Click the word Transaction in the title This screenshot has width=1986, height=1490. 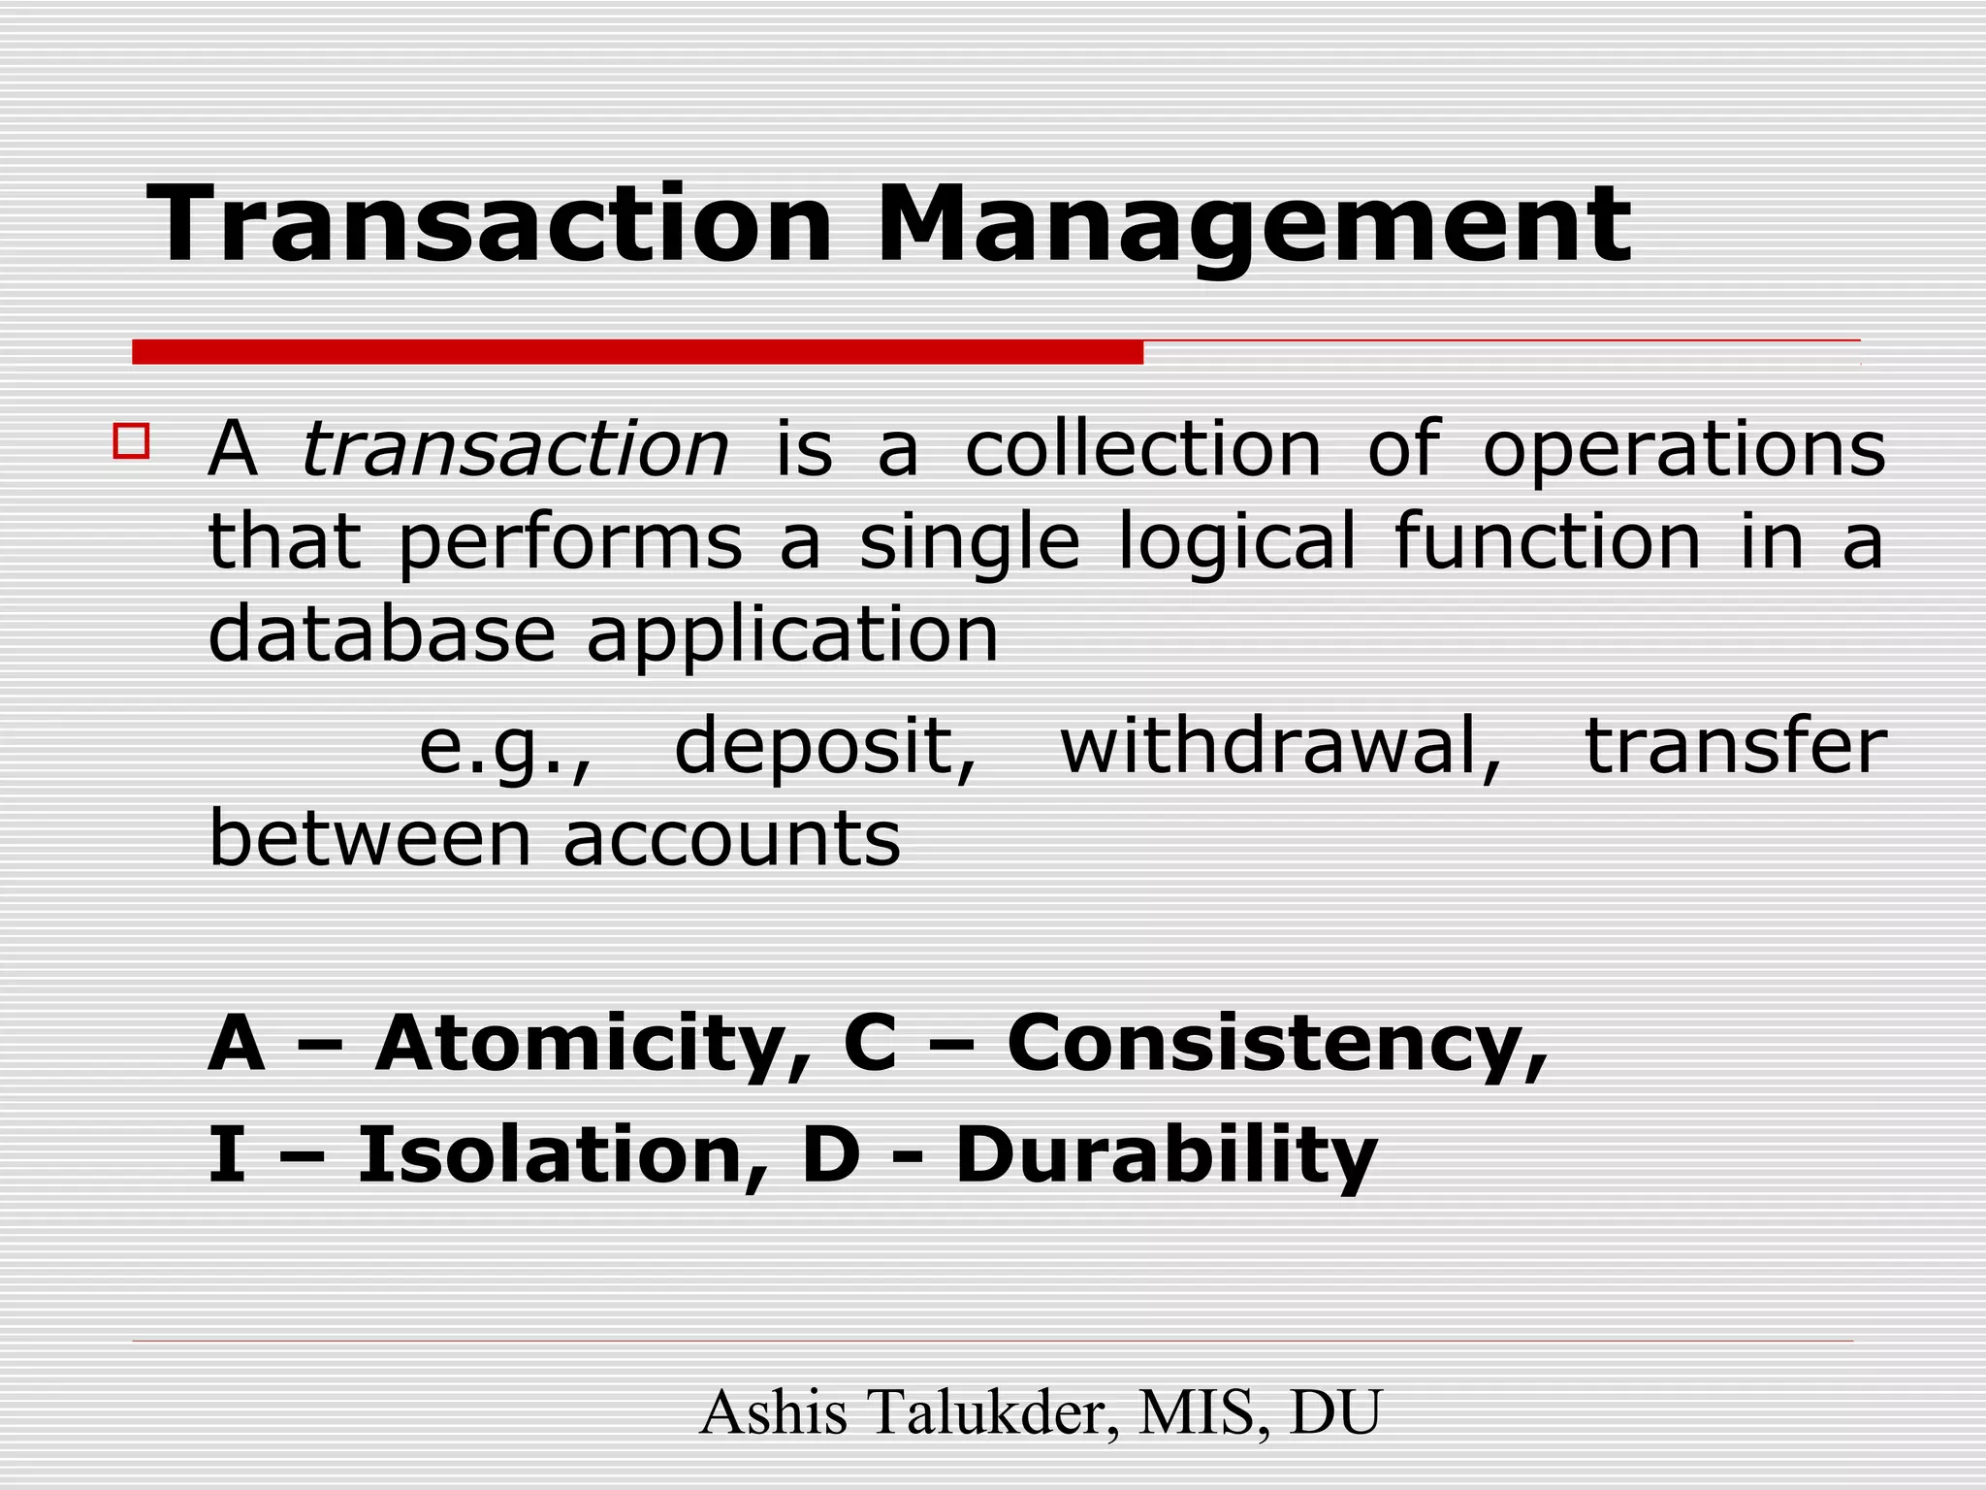pos(489,225)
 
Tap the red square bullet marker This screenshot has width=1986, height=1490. pos(131,440)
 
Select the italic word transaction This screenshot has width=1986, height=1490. pos(515,450)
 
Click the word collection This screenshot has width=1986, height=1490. pos(1143,450)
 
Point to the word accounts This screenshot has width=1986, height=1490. pos(731,838)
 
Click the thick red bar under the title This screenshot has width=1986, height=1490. pos(637,352)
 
